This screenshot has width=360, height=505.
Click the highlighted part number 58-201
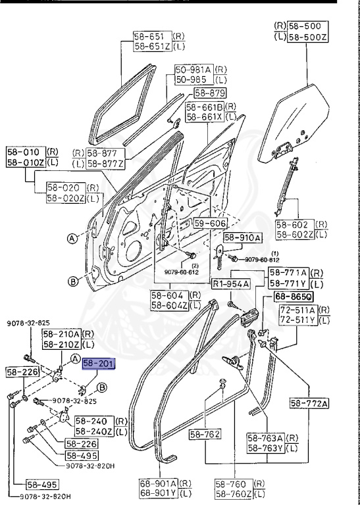pos(98,364)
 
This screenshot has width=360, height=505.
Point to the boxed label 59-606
pos(209,224)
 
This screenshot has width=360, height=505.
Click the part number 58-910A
pos(242,237)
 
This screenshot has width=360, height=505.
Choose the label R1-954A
pos(230,283)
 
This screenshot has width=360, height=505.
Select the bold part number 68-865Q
pos(293,297)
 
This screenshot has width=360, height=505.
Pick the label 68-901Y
pos(158,493)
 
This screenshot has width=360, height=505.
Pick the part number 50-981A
pos(194,69)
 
